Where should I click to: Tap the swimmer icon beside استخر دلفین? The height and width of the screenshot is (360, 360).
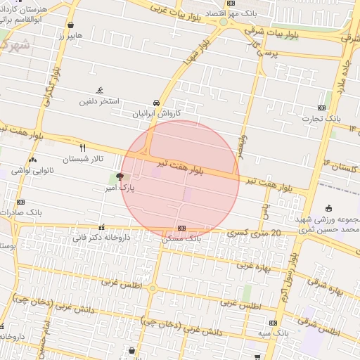101,91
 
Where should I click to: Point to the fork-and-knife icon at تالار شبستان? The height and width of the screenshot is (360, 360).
83,148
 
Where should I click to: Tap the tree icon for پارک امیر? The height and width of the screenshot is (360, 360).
120,177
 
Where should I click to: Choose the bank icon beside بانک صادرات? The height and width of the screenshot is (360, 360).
20,202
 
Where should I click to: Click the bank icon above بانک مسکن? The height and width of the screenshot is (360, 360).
182,228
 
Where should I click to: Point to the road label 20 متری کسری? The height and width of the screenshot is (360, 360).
255,233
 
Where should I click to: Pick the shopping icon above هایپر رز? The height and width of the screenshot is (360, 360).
70,25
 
